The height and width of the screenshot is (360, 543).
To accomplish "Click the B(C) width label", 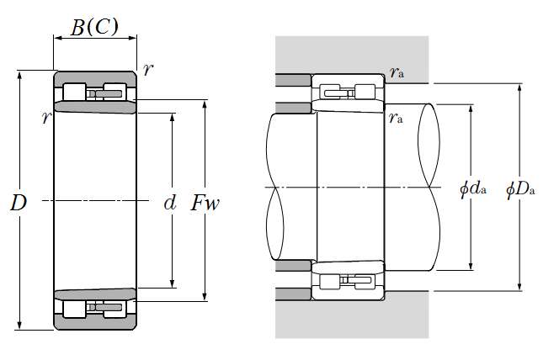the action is click(94, 27).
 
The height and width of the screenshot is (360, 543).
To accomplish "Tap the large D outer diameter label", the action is click(19, 203).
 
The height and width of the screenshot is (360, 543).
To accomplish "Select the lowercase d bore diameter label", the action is click(170, 203).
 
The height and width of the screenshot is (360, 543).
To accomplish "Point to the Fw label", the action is click(205, 203).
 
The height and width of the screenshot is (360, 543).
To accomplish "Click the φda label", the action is click(473, 189).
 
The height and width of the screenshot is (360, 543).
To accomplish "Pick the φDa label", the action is click(520, 189).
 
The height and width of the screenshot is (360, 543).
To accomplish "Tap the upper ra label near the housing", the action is click(397, 72).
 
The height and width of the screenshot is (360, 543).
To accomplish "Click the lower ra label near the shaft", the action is click(396, 118).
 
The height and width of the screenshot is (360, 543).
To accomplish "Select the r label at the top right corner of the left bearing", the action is click(148, 70).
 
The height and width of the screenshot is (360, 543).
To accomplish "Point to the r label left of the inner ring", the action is click(47, 118).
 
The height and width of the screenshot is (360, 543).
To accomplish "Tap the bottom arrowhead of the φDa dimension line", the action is click(519, 286).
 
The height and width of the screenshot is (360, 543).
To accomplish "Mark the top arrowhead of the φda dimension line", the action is click(471, 109).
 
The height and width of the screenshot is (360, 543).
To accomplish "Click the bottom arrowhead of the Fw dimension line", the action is click(205, 297).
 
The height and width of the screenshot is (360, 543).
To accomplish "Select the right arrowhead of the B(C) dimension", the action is click(133, 38).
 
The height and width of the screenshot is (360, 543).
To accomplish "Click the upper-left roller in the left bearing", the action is click(74, 92).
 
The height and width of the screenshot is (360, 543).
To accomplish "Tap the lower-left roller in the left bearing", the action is click(74, 310).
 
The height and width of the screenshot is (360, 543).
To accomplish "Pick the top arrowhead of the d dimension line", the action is click(173, 117).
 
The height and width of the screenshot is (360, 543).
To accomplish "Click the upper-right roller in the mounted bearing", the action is click(365, 92).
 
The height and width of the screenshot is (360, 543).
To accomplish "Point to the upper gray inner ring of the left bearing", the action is click(95, 108).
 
